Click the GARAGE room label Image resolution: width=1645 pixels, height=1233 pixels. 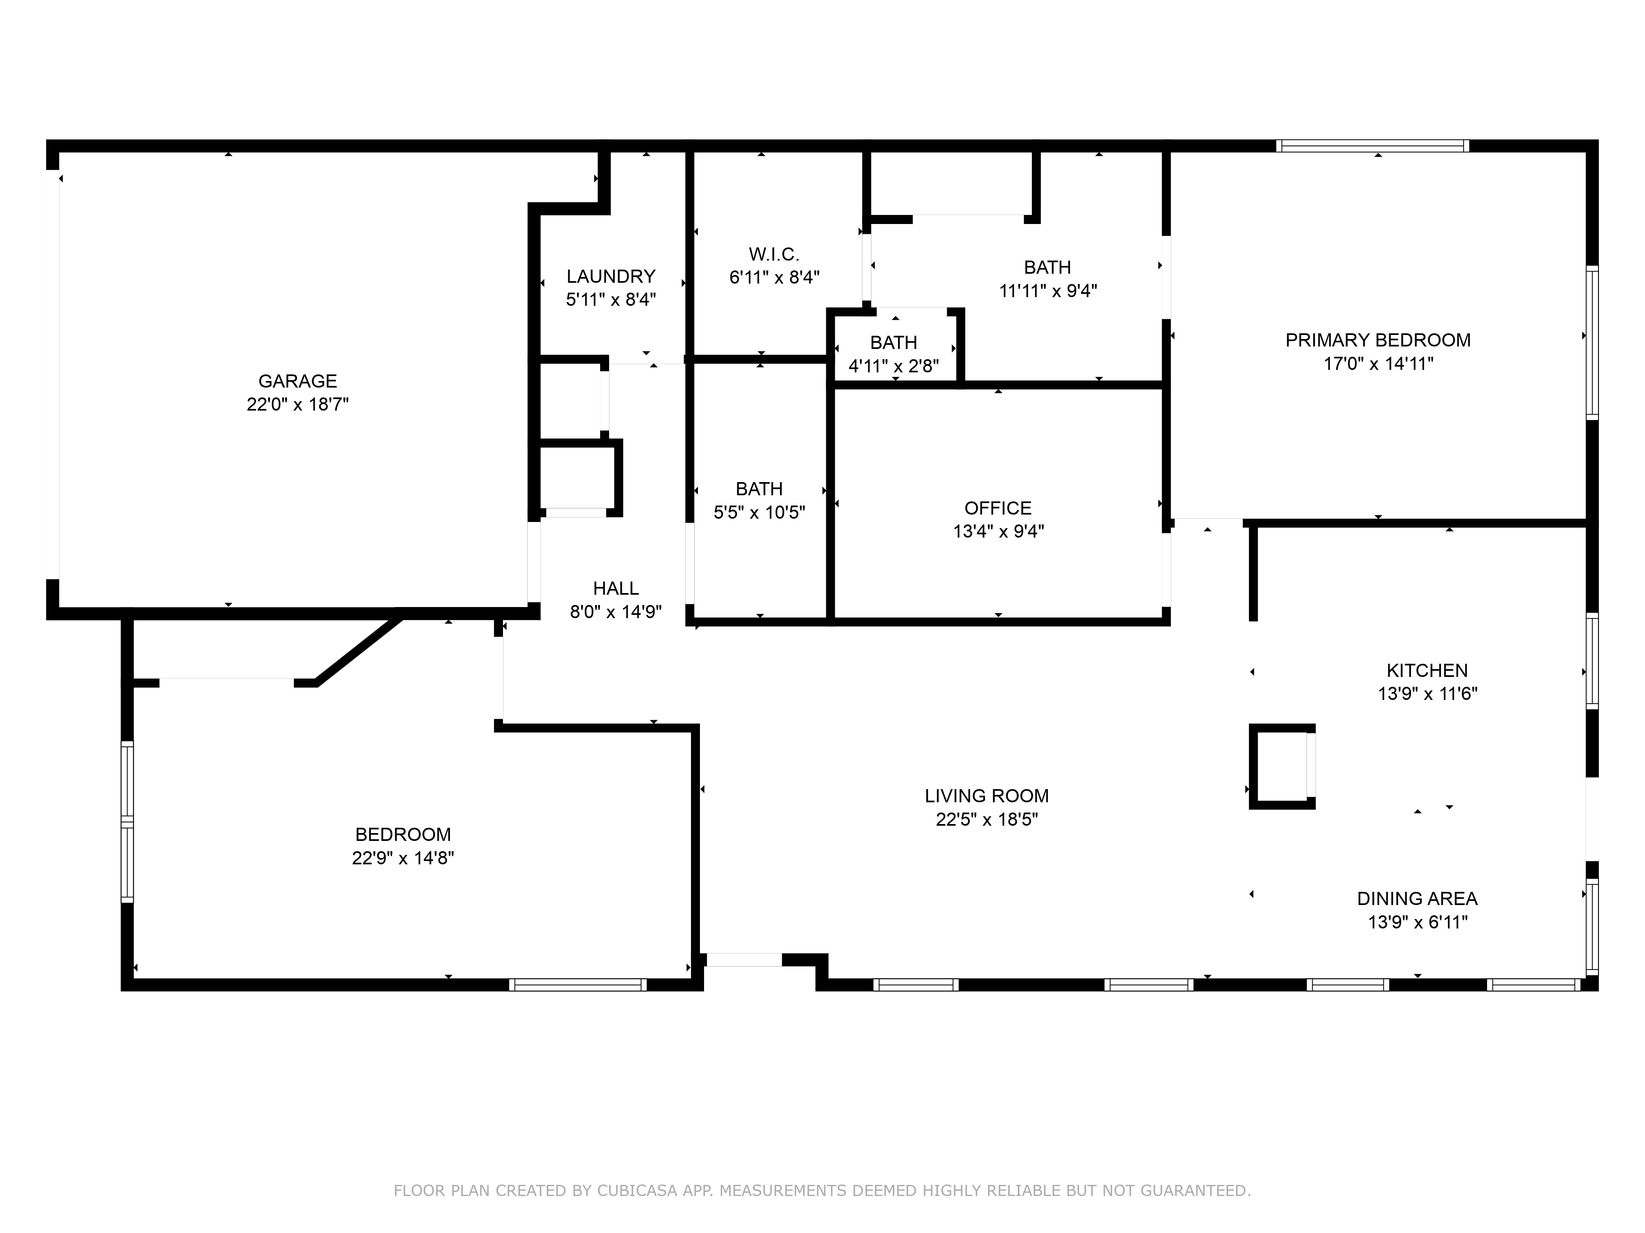pyautogui.click(x=297, y=381)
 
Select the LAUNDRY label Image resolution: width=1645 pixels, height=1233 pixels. pyautogui.click(x=611, y=277)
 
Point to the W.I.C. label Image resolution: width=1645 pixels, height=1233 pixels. pyautogui.click(x=774, y=254)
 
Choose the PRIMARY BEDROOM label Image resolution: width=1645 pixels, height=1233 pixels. pyautogui.click(x=1377, y=340)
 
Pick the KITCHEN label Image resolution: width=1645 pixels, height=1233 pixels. pyautogui.click(x=1426, y=670)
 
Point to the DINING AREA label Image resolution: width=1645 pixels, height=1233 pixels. pyautogui.click(x=1417, y=898)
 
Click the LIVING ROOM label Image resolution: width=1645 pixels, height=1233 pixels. pyautogui.click(x=986, y=796)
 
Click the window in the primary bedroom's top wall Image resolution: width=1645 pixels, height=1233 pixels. pyautogui.click(x=1372, y=145)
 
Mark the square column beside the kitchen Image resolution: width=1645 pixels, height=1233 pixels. pyautogui.click(x=1281, y=766)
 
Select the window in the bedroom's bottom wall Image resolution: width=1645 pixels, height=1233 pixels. pyautogui.click(x=578, y=985)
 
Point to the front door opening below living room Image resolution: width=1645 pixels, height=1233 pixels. pyautogui.click(x=743, y=960)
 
